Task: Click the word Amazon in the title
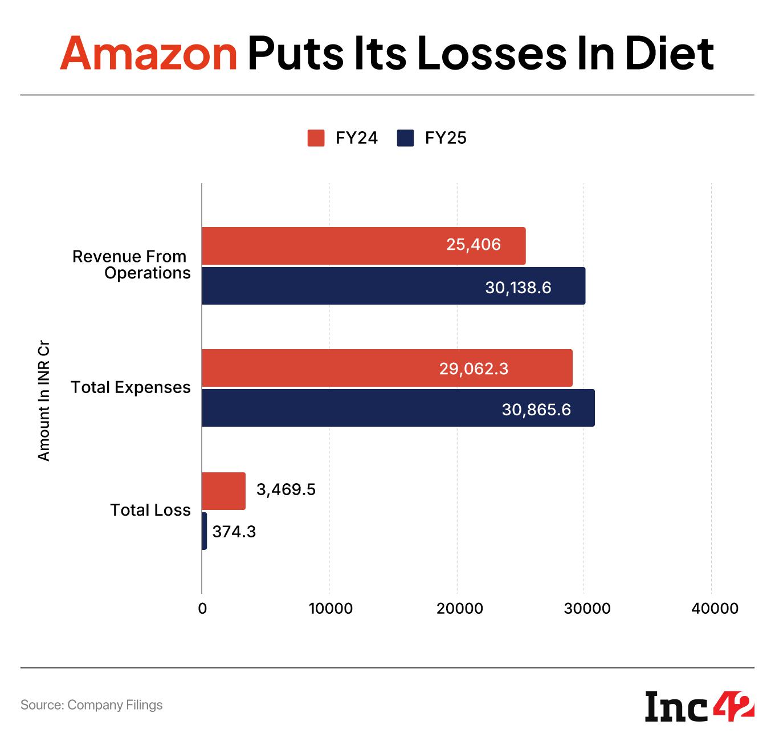point(148,54)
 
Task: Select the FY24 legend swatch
point(316,138)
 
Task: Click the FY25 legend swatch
point(405,138)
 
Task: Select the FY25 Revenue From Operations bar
point(342,286)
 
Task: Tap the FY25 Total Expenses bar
point(342,408)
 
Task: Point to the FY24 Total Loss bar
point(223,491)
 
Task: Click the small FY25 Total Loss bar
point(204,531)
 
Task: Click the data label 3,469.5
point(285,490)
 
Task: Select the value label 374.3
point(234,532)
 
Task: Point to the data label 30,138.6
point(518,287)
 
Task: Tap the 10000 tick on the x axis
point(330,609)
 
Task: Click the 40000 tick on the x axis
point(715,609)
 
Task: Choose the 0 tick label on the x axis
point(202,609)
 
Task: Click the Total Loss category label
point(150,509)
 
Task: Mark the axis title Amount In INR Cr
point(44,401)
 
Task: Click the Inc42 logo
point(700,706)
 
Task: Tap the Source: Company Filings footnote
point(91,705)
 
